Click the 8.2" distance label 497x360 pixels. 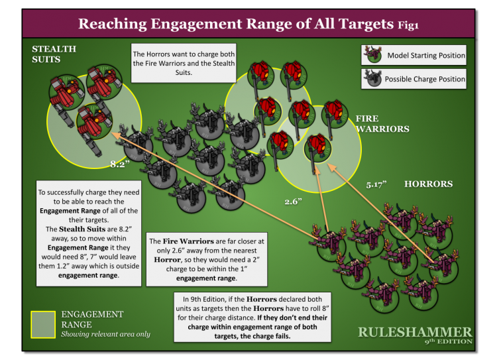point(119,164)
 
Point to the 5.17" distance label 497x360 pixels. point(376,182)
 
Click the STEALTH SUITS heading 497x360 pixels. point(54,54)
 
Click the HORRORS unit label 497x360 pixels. point(428,184)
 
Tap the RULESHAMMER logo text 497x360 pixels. point(415,331)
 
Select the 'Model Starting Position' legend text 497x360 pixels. point(426,55)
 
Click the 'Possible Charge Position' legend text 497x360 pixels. point(425,79)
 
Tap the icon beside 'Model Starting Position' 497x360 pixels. point(374,55)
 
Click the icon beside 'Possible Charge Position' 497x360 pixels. point(374,79)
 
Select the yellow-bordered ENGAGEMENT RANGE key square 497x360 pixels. point(43,324)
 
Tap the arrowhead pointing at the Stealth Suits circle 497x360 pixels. point(115,134)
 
